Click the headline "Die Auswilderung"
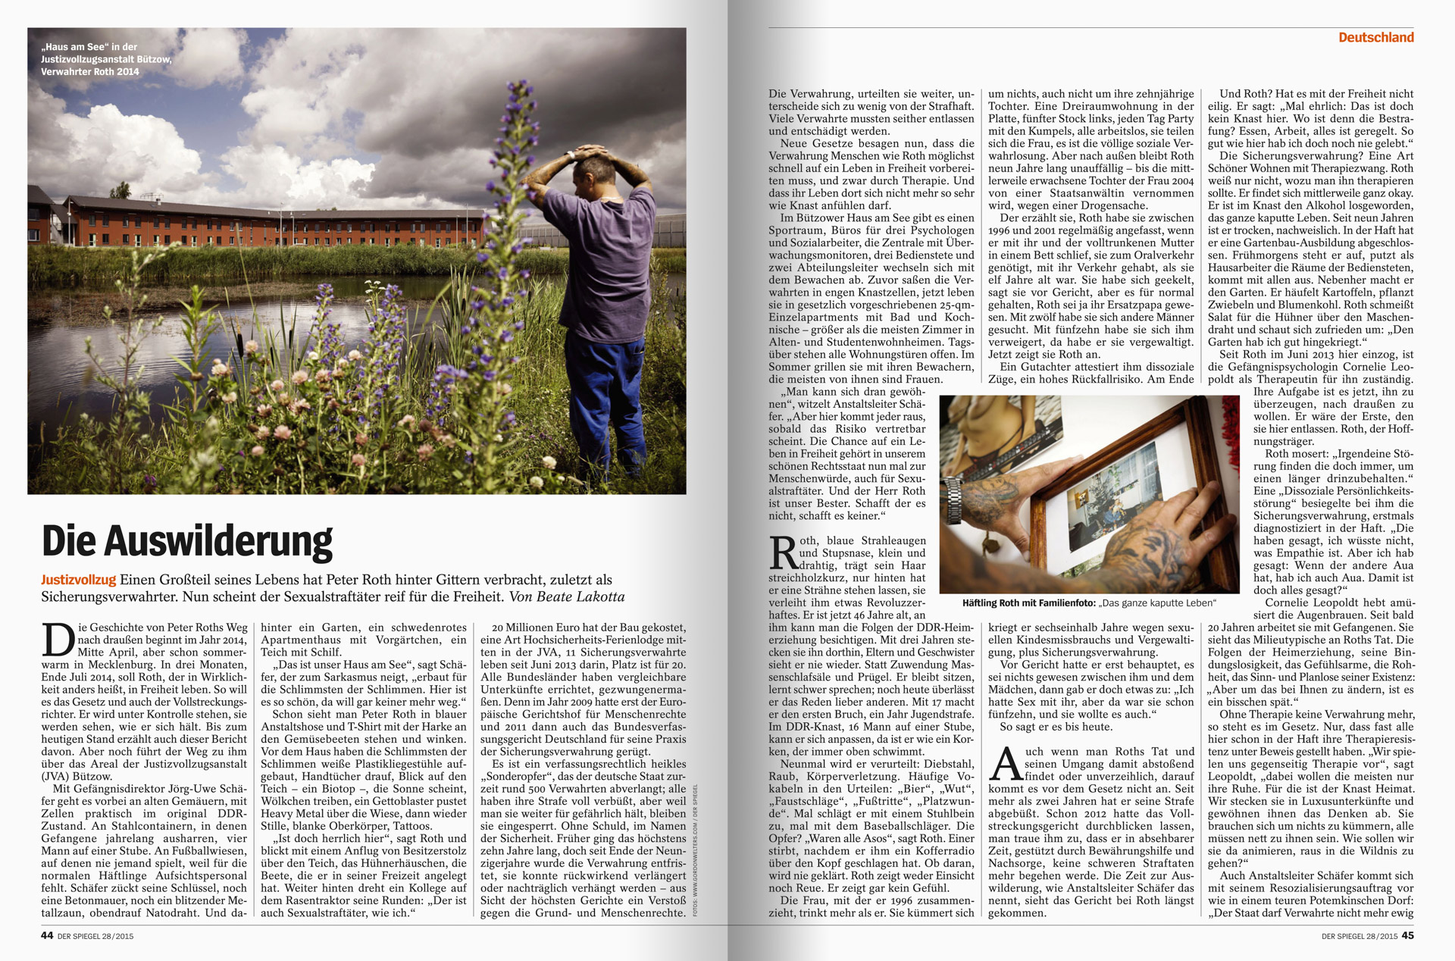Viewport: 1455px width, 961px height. pyautogui.click(x=187, y=541)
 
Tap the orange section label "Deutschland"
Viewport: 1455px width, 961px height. pyautogui.click(x=1375, y=37)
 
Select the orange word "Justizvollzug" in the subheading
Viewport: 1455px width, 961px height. pyautogui.click(x=78, y=580)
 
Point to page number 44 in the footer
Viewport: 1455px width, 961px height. pyautogui.click(x=47, y=935)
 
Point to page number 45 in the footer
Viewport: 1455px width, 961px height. pyautogui.click(x=1407, y=935)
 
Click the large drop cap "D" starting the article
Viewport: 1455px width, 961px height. pyautogui.click(x=58, y=638)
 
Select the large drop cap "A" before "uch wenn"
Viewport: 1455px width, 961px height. pyautogui.click(x=1005, y=763)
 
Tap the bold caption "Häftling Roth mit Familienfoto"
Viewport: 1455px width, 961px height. pyautogui.click(x=1028, y=603)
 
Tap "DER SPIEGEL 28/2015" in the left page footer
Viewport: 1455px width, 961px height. pyautogui.click(x=95, y=936)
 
